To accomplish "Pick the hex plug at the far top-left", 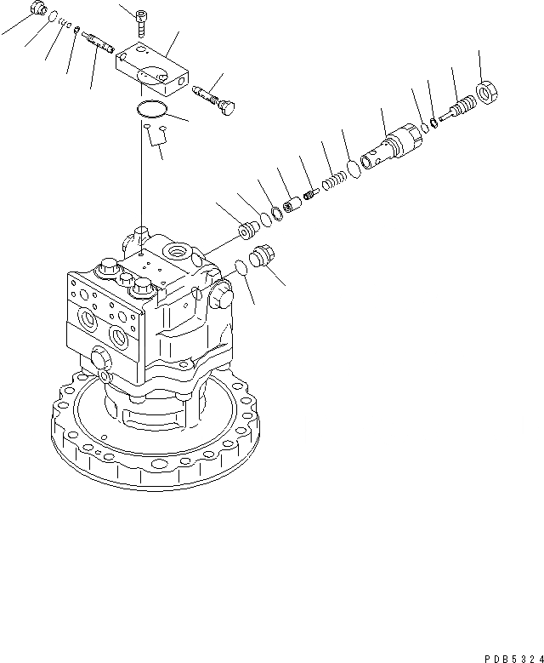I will (37, 10).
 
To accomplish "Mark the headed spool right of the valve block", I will (219, 99).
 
